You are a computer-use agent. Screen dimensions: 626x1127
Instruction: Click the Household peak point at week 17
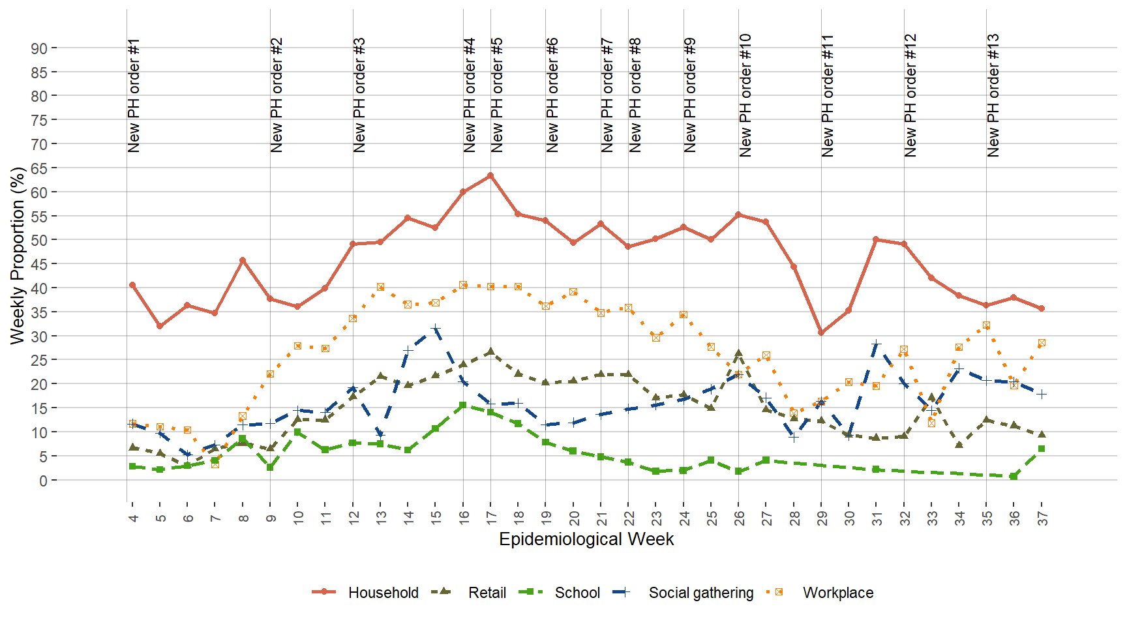tap(490, 175)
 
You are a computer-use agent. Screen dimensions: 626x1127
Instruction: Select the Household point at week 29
tap(821, 333)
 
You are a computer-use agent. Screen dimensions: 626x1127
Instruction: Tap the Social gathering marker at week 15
tap(436, 328)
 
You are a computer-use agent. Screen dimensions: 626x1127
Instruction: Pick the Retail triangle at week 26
tap(739, 353)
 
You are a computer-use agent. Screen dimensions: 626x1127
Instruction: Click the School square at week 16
tap(463, 405)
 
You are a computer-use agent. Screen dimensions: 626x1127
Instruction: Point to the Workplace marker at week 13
tap(380, 287)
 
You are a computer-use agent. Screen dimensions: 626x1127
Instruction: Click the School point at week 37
tap(1042, 449)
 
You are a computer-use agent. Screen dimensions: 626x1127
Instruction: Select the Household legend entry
tap(383, 593)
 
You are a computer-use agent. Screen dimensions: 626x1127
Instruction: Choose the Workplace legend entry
tap(837, 593)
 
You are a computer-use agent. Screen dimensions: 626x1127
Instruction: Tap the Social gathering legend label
tap(700, 593)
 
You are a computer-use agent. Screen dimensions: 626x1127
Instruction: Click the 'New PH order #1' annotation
tap(134, 96)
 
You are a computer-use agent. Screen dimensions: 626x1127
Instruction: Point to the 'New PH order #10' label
tap(745, 96)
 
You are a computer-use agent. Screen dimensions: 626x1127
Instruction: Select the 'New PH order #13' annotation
tap(993, 96)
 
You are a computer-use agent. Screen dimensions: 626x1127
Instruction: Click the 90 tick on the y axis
tap(39, 48)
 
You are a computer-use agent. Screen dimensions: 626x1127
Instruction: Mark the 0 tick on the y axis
tap(43, 481)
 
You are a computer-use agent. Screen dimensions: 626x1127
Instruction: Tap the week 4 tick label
tap(133, 518)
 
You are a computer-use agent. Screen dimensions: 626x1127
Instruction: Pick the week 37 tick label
tap(1042, 518)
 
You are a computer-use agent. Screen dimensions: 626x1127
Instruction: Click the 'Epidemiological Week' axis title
tap(586, 539)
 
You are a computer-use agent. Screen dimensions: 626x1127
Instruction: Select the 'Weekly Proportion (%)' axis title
tap(18, 255)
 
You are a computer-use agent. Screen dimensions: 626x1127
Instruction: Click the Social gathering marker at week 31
tap(877, 344)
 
